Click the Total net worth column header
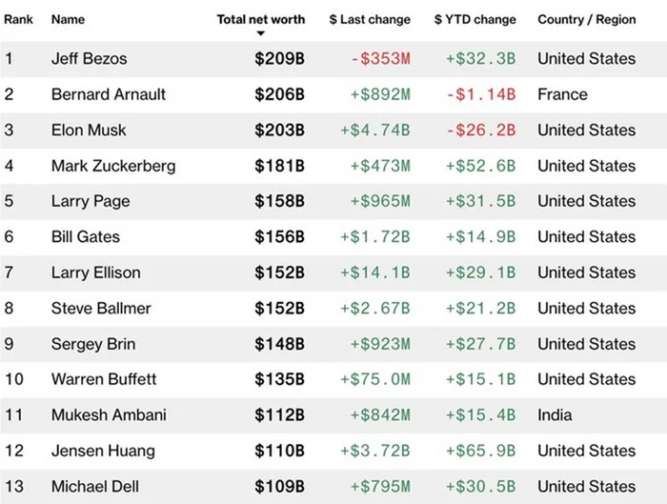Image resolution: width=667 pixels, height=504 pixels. [x=261, y=20]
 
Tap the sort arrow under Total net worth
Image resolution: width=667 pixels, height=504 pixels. [x=261, y=33]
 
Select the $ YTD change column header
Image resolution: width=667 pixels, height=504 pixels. [x=475, y=20]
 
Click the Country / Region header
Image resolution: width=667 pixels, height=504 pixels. [x=587, y=20]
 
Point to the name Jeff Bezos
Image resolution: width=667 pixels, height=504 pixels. [x=90, y=59]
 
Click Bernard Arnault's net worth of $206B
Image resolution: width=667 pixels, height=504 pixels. [x=279, y=94]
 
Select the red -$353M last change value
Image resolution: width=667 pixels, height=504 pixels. [x=381, y=59]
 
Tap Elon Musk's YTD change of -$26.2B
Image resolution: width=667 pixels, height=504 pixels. [x=481, y=131]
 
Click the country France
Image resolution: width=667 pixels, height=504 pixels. [x=562, y=94]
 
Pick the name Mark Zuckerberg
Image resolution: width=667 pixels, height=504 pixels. [x=113, y=166]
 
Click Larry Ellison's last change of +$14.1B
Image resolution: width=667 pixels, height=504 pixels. [x=375, y=272]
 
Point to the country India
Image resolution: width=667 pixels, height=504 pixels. [x=555, y=415]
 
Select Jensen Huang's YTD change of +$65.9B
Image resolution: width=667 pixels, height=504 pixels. [x=480, y=451]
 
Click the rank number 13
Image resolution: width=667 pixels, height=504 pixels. [x=14, y=487]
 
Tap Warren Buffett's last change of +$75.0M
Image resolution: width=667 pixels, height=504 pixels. [x=375, y=379]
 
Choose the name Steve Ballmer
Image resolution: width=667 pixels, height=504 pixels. [x=101, y=309]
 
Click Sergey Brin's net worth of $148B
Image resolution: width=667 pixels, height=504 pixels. [x=279, y=344]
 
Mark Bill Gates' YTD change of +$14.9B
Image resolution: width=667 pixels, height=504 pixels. [x=480, y=237]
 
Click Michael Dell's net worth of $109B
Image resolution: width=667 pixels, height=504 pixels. [x=279, y=487]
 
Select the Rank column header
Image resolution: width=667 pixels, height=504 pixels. [x=18, y=20]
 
